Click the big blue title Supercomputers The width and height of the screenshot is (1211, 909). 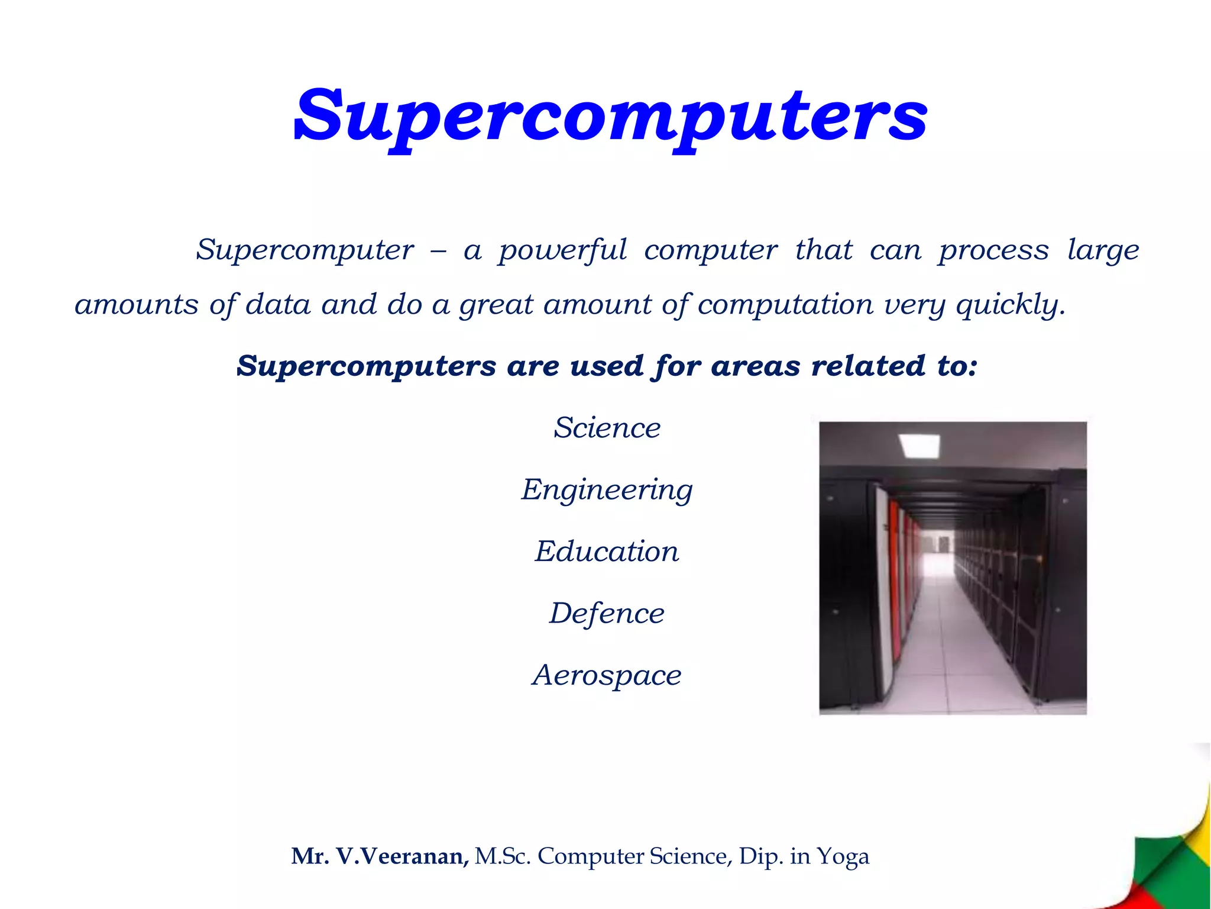coord(610,115)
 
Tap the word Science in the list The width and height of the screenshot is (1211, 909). coord(607,427)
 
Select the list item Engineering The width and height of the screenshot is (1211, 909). coord(607,490)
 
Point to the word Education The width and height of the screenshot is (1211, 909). coord(607,552)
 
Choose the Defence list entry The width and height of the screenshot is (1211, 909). coord(607,613)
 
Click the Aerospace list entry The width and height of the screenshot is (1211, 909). coord(607,675)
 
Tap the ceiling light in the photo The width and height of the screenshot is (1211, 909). coord(918,444)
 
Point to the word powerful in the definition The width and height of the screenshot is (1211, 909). coord(562,250)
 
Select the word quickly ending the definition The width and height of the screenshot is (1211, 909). coord(1010,305)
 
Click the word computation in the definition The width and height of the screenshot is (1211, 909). coord(785,305)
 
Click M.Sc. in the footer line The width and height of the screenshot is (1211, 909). coord(502,856)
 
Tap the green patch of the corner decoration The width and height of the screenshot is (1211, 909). coord(1154,864)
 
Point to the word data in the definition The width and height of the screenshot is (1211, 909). coord(278,304)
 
